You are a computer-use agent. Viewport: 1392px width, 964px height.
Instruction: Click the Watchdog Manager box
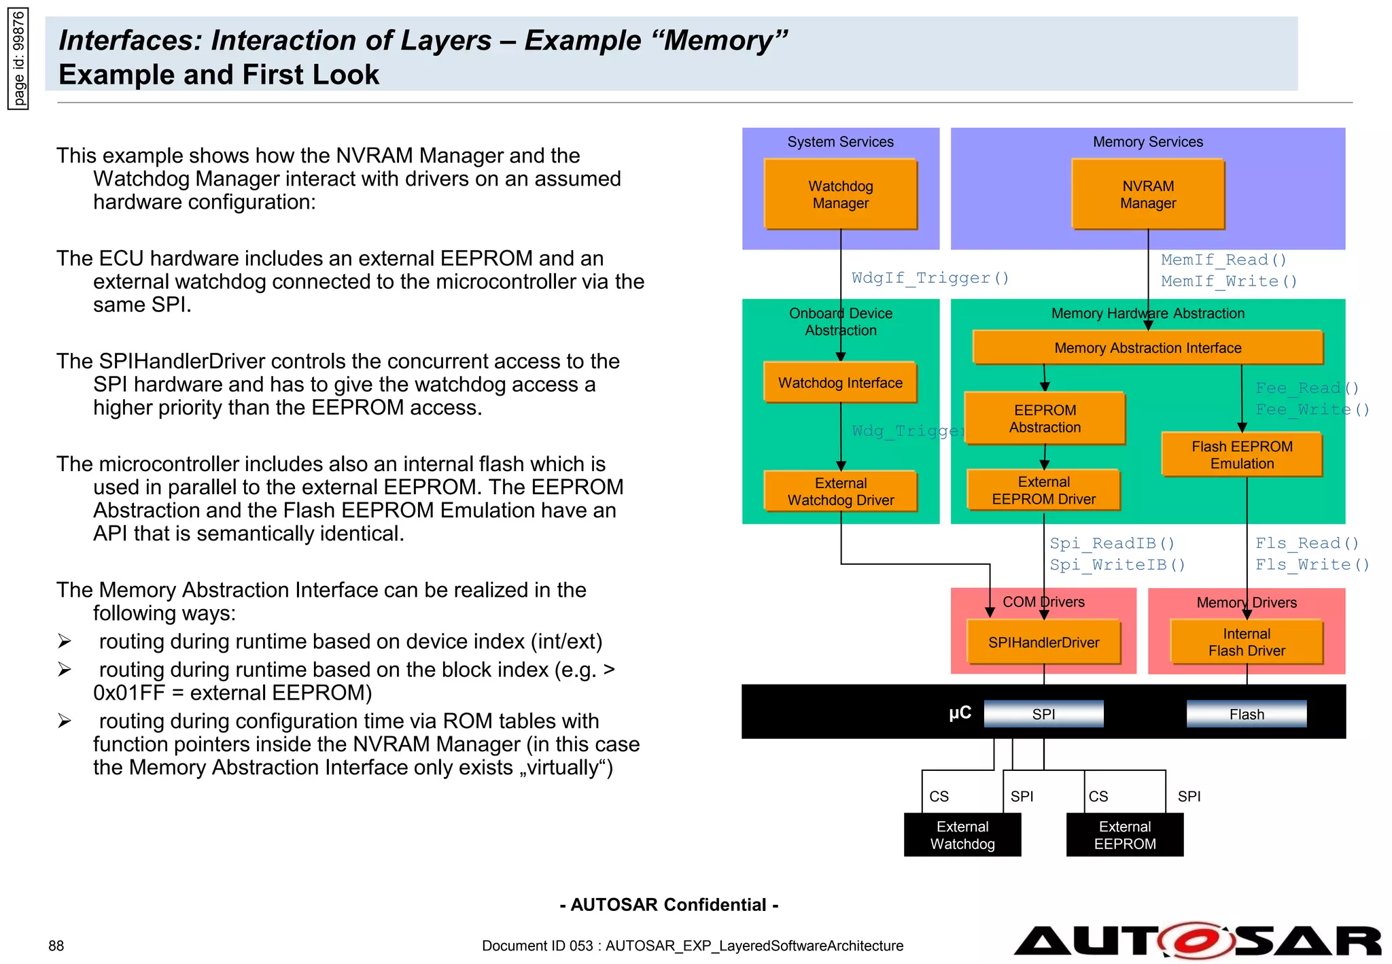point(840,194)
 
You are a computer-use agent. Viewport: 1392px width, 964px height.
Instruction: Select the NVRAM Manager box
point(1147,194)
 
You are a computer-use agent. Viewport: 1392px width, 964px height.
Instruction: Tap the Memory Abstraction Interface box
point(1147,347)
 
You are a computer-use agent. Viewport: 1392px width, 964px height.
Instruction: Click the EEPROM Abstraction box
point(1045,419)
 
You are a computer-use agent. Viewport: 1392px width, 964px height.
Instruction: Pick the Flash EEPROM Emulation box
point(1242,455)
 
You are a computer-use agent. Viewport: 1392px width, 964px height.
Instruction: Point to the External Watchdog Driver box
point(840,491)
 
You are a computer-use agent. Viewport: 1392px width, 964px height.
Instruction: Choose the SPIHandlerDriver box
point(1043,642)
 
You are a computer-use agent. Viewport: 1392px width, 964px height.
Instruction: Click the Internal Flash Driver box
point(1246,642)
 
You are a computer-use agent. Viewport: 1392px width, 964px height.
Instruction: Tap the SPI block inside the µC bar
point(1043,714)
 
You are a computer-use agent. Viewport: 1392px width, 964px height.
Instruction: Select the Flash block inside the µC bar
point(1246,714)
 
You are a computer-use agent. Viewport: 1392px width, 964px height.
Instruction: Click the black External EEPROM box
point(1124,835)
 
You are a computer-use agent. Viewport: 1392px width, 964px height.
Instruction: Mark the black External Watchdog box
point(962,835)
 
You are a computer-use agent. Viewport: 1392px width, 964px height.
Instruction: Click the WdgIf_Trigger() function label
point(930,278)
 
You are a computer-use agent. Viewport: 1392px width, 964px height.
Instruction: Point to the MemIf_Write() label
point(1228,281)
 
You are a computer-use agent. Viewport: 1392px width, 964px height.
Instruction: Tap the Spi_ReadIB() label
point(1112,543)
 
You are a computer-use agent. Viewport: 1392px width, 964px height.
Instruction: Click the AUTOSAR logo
point(1196,942)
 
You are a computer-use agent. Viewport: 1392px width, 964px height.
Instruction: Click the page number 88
point(56,946)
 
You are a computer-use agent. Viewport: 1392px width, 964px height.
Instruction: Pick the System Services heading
point(840,142)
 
